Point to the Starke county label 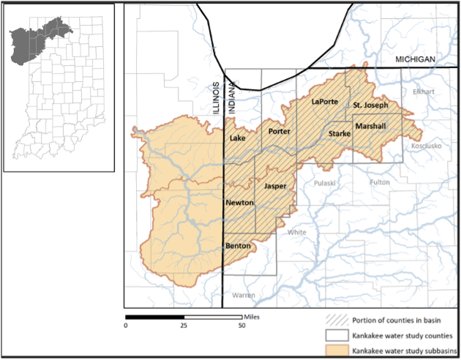[340, 134]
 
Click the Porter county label [280, 132]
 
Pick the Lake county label [237, 138]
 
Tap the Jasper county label [275, 186]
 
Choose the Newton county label [239, 202]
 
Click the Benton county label [238, 246]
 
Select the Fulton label [380, 182]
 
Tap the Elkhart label [423, 92]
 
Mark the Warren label [241, 296]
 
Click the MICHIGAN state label [415, 59]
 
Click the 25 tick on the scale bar [184, 324]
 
